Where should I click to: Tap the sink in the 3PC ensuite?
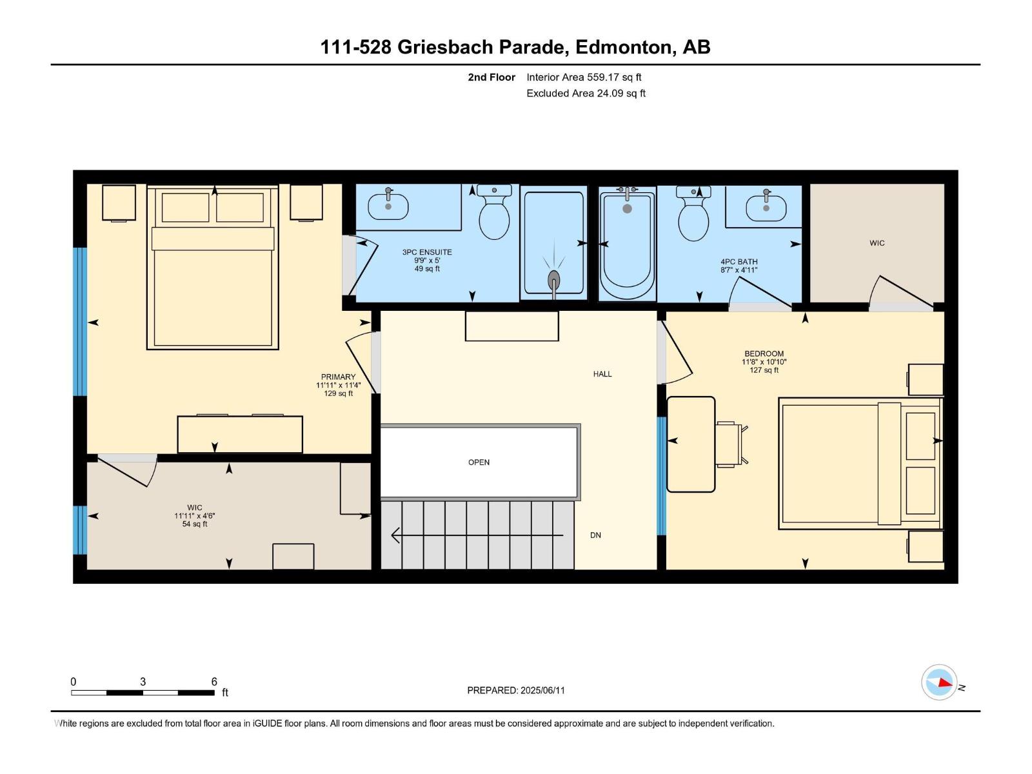(x=388, y=206)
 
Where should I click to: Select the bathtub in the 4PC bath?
(x=627, y=243)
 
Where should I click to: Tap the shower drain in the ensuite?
(x=554, y=279)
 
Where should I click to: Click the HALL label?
(x=602, y=374)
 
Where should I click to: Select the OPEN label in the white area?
(x=479, y=462)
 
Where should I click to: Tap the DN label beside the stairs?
(x=595, y=535)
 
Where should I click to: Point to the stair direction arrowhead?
(x=395, y=535)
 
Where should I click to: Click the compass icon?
(x=939, y=682)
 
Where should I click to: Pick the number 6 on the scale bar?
(x=214, y=681)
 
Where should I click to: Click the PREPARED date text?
(x=516, y=690)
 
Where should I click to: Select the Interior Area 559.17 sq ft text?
(x=584, y=77)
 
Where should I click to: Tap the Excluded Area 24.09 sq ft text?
(x=586, y=93)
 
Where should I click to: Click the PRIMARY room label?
(x=338, y=377)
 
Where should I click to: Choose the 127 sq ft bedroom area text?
(x=764, y=370)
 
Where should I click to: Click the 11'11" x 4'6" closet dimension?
(x=195, y=516)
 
